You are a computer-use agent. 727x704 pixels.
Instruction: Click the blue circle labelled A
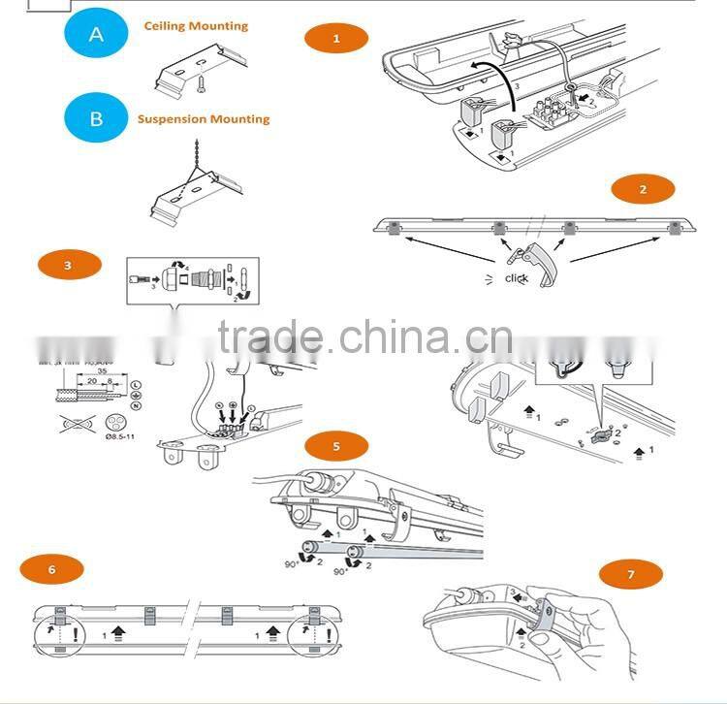coord(96,35)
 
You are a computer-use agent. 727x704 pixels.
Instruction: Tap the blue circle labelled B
coord(96,119)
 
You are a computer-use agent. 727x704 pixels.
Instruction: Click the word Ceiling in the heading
coord(166,26)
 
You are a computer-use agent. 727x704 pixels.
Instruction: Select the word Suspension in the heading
coord(174,119)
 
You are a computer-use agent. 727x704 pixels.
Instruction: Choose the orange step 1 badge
coord(336,39)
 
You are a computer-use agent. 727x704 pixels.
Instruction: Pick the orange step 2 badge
coord(643,190)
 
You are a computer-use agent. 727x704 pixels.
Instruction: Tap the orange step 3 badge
coord(67,265)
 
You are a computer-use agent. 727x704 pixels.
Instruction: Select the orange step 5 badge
coord(336,447)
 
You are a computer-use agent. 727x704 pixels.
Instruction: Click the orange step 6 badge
coord(51,570)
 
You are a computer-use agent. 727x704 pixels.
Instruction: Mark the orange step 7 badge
coord(630,575)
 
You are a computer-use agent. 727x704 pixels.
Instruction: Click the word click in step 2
coord(517,278)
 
